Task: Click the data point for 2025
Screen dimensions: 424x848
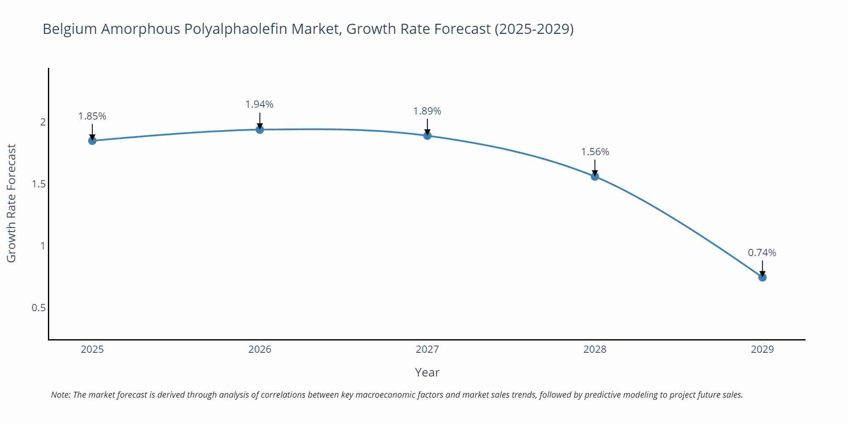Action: [92, 141]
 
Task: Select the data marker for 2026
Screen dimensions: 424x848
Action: [260, 129]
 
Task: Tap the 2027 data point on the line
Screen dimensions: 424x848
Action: [427, 136]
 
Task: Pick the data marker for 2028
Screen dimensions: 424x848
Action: [595, 176]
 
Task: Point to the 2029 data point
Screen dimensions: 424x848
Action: [762, 277]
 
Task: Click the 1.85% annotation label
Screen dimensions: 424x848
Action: [92, 116]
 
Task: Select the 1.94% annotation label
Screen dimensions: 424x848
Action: [259, 104]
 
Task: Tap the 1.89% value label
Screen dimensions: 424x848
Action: [427, 111]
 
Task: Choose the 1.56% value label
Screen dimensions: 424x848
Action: [595, 152]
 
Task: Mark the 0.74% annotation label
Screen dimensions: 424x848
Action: [762, 253]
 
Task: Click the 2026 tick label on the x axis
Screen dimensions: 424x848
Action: [260, 349]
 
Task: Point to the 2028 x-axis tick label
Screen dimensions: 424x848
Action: [595, 349]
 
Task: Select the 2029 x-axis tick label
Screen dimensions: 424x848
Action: [762, 349]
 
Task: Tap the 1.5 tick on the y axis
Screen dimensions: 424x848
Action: [39, 184]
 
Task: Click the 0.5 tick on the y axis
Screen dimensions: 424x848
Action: [39, 308]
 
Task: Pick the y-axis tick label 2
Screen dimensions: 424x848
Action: [42, 122]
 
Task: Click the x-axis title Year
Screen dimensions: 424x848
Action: [427, 372]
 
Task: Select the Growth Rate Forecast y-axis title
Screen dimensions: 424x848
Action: [11, 203]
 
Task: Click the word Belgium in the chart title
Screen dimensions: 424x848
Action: [70, 29]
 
